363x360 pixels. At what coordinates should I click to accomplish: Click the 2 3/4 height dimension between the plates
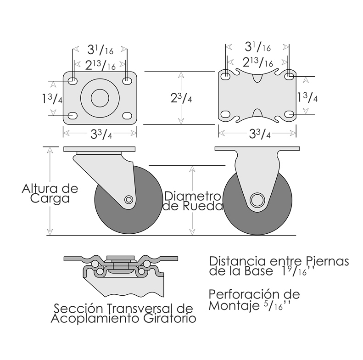coord(181,98)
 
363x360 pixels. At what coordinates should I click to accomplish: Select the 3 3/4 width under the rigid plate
coord(260,134)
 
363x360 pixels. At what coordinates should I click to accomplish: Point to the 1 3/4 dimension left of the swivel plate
coord(52,98)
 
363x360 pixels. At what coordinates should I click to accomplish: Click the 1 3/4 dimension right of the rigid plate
coord(307,97)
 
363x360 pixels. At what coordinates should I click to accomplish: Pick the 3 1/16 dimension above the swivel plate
coord(100,50)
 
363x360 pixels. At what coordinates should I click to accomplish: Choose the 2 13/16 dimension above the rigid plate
coord(257,62)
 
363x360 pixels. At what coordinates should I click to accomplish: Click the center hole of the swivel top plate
coord(100,98)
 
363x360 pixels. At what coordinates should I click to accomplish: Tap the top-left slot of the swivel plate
coord(73,81)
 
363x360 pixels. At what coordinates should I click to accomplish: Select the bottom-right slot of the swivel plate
coord(127,115)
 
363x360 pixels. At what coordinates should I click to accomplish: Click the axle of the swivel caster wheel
coord(128,199)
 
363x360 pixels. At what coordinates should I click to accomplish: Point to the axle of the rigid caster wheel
coord(257,200)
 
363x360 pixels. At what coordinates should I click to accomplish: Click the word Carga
coord(50,199)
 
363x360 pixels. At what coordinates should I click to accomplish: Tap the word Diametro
coord(193,196)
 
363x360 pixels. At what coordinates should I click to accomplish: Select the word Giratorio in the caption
coord(170,319)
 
